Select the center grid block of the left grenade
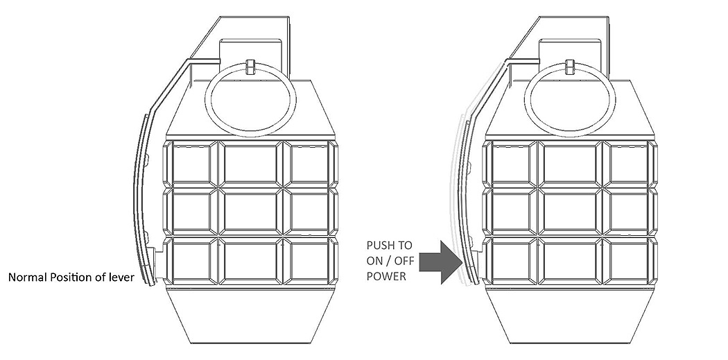pos(250,212)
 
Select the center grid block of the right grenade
pos(570,212)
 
